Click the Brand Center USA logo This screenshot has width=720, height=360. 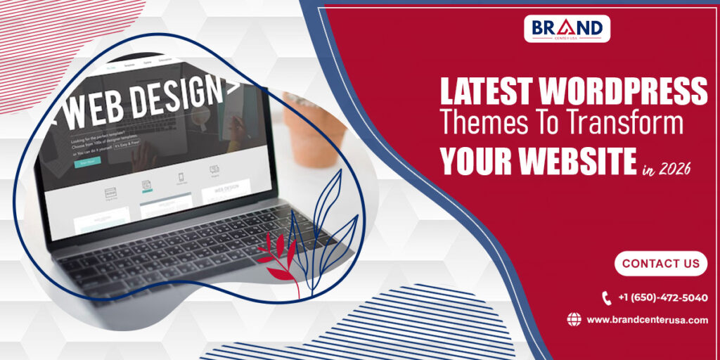(567, 28)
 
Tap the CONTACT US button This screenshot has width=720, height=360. (660, 264)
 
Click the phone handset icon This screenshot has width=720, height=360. (607, 298)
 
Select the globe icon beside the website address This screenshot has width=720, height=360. (574, 320)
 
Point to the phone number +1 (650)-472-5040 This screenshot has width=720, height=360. (662, 298)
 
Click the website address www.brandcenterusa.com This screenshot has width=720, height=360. (647, 320)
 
